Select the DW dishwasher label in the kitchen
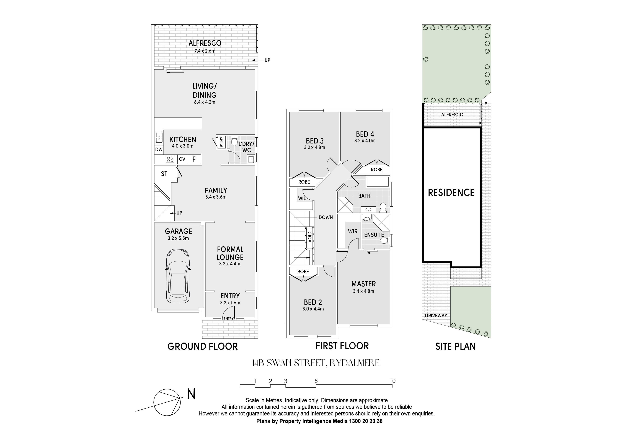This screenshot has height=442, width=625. [x=159, y=150]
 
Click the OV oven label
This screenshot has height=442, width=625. [x=182, y=159]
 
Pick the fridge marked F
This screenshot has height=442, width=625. [x=194, y=159]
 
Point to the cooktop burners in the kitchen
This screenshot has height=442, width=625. [x=170, y=159]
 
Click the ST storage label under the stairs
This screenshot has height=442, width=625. [x=164, y=174]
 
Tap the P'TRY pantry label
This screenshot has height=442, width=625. [x=221, y=142]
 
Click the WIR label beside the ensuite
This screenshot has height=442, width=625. [x=353, y=231]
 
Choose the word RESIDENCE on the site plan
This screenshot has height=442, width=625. [x=451, y=192]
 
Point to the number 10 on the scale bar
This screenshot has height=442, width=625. [x=392, y=381]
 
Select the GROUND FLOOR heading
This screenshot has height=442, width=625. [x=203, y=346]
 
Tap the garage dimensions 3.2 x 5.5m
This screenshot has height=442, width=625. [x=178, y=238]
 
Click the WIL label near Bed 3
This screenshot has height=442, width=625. [x=302, y=198]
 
